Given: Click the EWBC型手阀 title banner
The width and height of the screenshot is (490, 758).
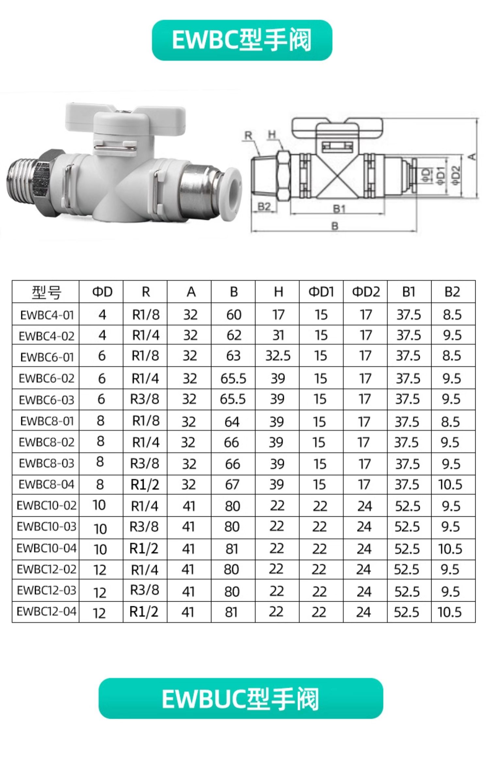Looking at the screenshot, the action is point(242,40).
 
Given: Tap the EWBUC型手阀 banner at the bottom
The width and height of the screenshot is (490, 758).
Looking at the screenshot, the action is point(241,698).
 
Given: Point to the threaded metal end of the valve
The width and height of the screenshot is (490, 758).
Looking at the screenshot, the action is point(23,185).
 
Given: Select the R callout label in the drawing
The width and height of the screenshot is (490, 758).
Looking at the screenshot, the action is point(249,135).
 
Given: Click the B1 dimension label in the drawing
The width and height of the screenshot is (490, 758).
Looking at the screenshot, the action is point(339,208).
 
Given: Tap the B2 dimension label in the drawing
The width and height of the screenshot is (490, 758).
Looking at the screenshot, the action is point(264,206).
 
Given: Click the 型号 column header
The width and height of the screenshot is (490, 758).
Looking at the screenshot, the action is point(46,292).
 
